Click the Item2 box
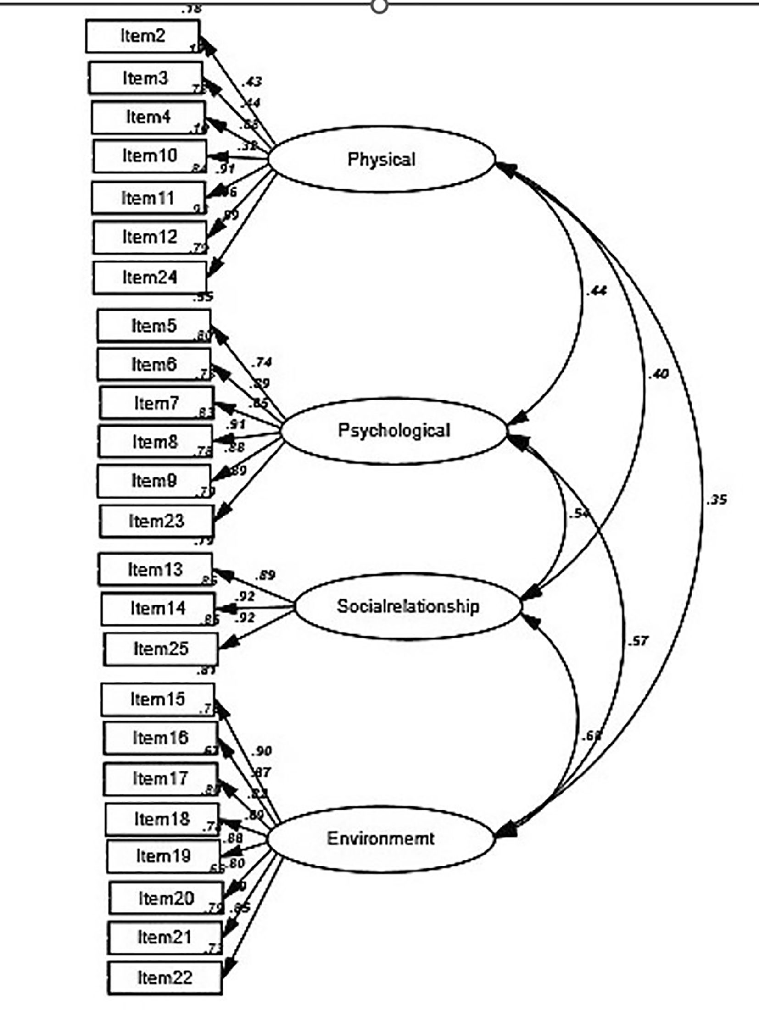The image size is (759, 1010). click(x=143, y=36)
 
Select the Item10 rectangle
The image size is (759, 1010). click(x=150, y=156)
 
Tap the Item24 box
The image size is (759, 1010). click(x=150, y=277)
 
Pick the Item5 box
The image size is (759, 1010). click(x=154, y=326)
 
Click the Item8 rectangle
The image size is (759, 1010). click(x=155, y=442)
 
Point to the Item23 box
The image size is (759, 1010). click(x=156, y=521)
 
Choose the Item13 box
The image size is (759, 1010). click(x=155, y=570)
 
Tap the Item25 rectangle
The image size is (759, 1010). click(x=161, y=649)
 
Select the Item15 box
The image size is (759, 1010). click(x=158, y=699)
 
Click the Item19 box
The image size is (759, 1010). click(x=163, y=856)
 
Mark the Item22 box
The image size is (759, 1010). click(x=165, y=978)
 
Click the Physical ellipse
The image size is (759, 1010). click(x=381, y=160)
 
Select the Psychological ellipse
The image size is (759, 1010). click(x=394, y=431)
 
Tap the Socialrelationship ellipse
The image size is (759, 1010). click(x=407, y=606)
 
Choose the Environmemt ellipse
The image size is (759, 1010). click(x=380, y=839)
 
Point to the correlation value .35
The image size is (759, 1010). click(x=717, y=499)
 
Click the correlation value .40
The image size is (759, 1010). click(x=658, y=374)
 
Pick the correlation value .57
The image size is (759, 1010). click(x=638, y=641)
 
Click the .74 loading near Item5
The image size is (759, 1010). click(x=262, y=362)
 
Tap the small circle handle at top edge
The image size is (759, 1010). click(x=379, y=6)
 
